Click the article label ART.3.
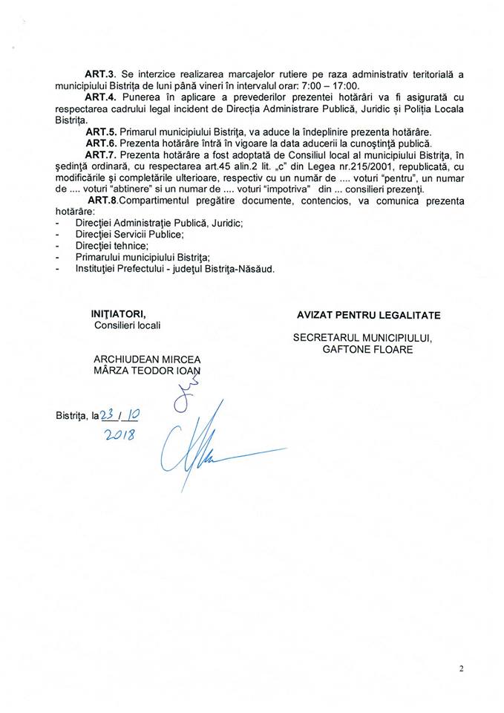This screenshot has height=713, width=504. (98, 75)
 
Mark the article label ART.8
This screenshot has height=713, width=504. (101, 201)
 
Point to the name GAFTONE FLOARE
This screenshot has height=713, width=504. (367, 348)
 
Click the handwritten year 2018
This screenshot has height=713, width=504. (120, 435)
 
